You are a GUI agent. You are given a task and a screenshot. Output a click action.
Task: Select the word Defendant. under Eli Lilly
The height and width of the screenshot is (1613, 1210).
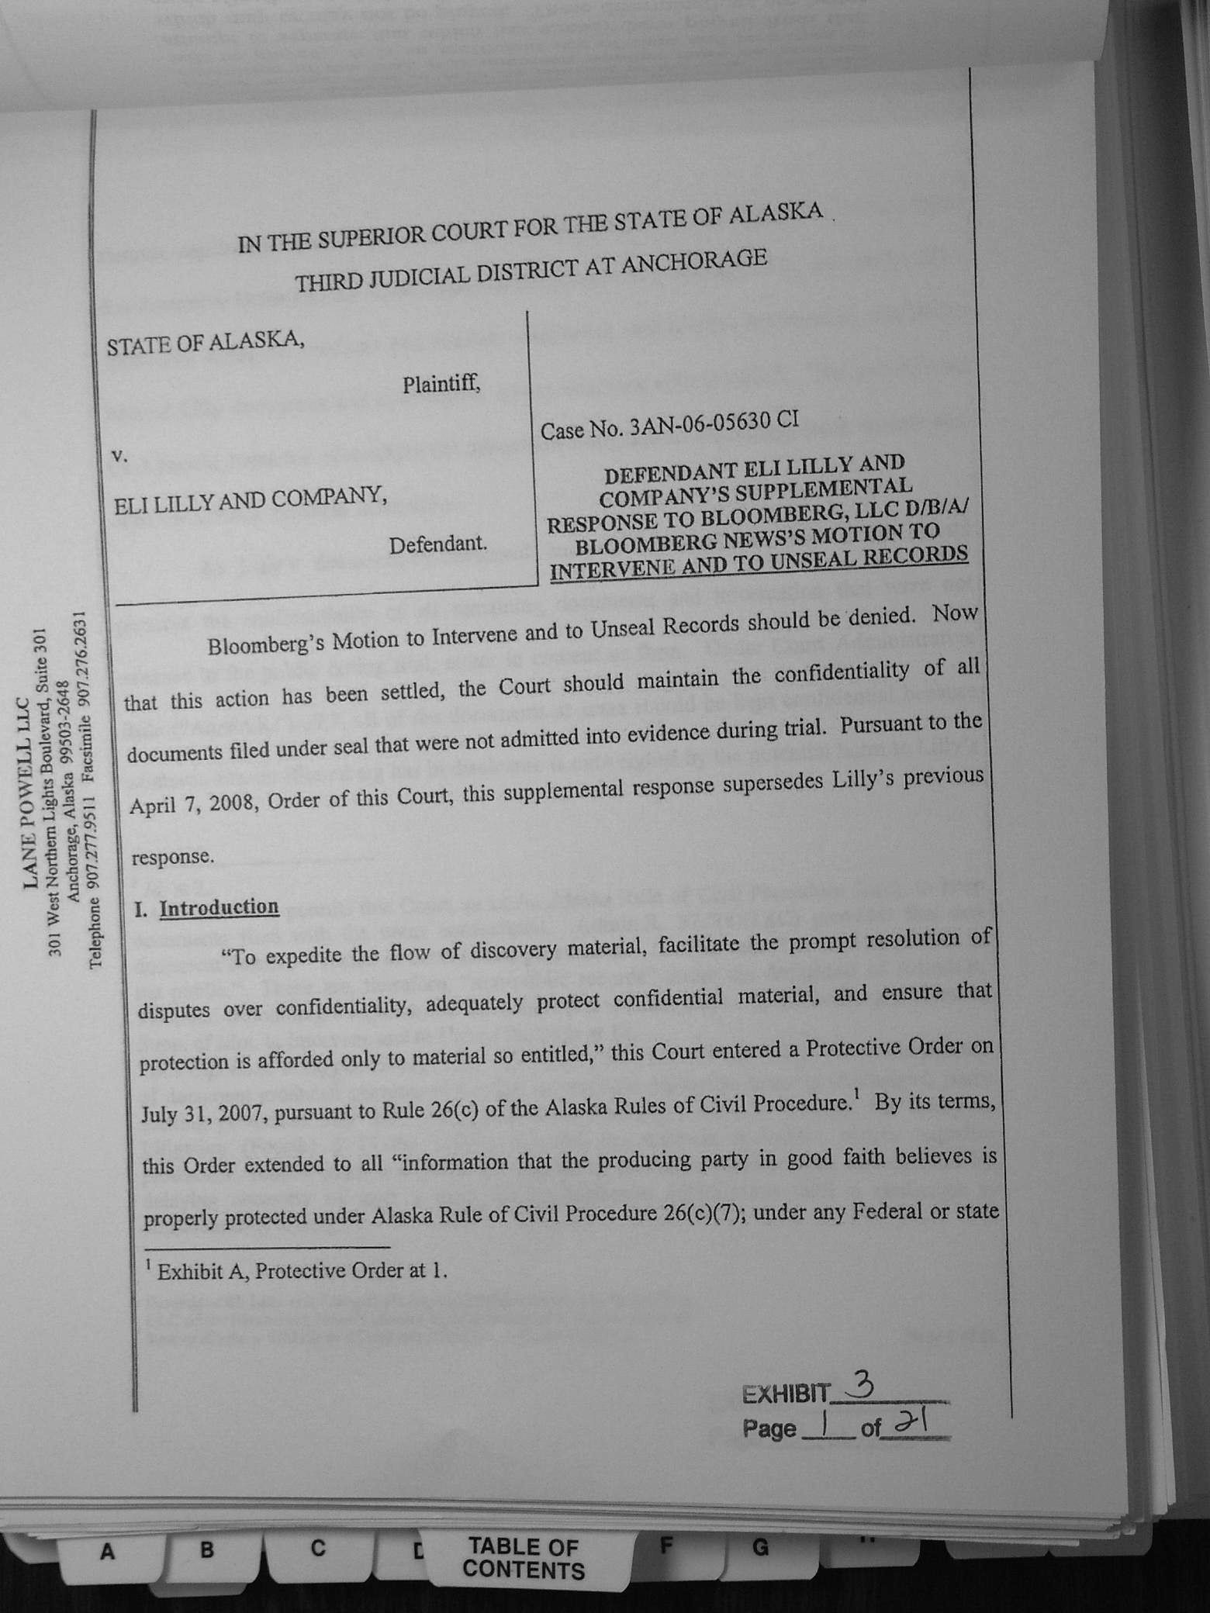tap(437, 544)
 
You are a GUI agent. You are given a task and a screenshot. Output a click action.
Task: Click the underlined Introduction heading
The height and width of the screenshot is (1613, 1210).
tap(219, 907)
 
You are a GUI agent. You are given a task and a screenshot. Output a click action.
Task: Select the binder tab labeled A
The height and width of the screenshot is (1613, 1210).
tap(107, 1552)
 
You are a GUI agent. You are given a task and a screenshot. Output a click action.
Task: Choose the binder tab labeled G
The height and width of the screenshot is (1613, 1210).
tap(760, 1547)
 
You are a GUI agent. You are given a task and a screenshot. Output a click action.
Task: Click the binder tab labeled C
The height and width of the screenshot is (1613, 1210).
tap(317, 1549)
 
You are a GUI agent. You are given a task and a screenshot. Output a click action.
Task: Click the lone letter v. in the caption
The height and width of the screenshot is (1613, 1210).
tap(118, 457)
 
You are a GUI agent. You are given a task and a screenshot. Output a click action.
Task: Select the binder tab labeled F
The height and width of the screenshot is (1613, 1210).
tap(665, 1545)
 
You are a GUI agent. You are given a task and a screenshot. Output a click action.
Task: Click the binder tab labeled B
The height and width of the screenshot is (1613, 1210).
tap(206, 1550)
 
